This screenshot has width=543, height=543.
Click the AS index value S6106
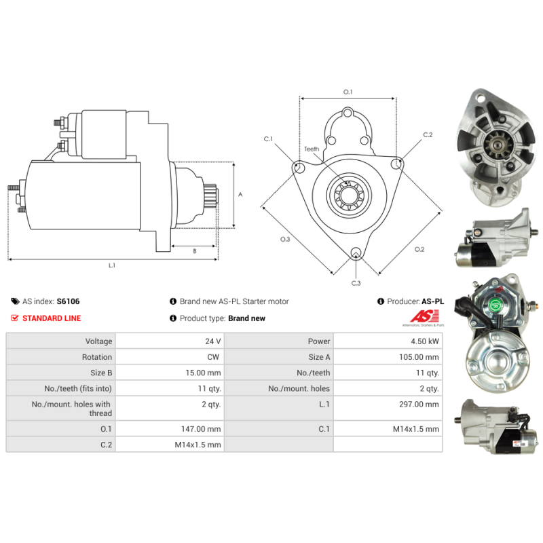click(69, 301)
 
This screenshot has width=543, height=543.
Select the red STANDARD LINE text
click(52, 318)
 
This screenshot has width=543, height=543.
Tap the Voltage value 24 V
click(213, 341)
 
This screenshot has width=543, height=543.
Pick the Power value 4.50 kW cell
click(388, 341)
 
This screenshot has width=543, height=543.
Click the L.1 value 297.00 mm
click(419, 404)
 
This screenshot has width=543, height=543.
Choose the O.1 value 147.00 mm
click(201, 429)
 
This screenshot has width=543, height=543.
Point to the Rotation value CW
click(213, 357)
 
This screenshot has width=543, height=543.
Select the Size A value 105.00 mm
click(419, 357)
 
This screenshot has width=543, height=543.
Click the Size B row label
click(101, 373)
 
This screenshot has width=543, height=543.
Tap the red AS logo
click(424, 316)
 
